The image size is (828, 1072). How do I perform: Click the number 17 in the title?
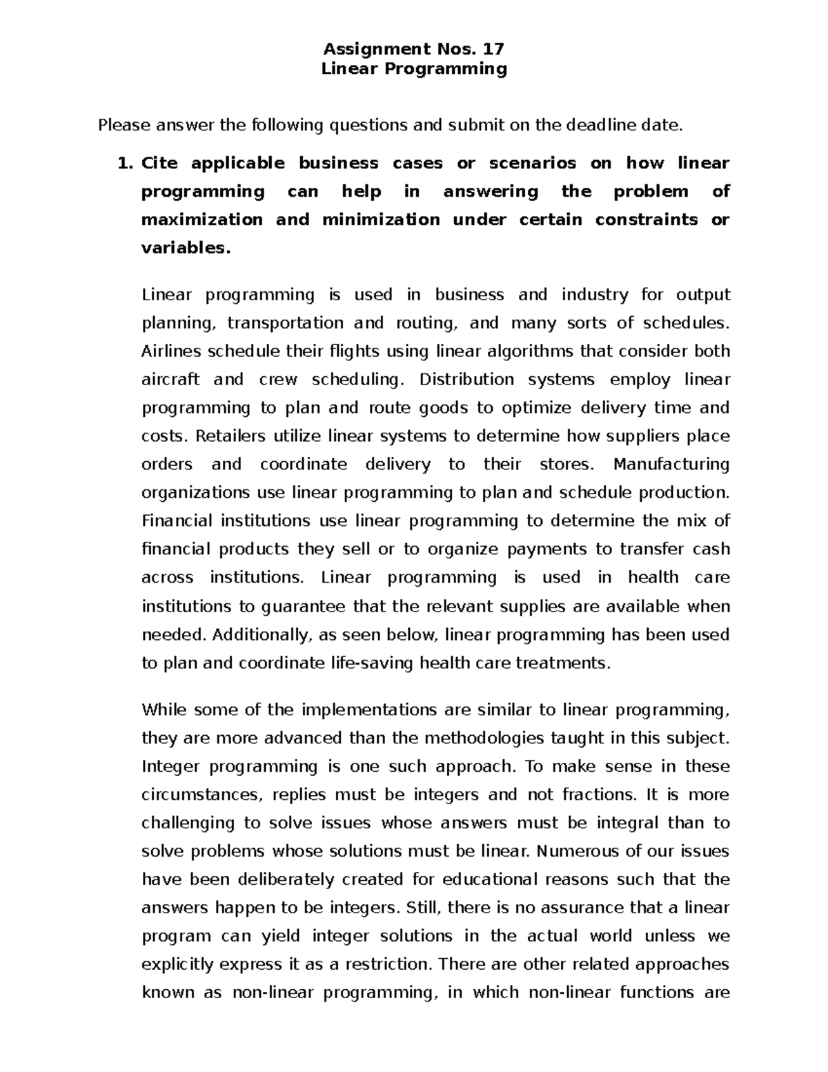(494, 49)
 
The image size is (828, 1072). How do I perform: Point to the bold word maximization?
(201, 220)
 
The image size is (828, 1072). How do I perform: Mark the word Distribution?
(466, 380)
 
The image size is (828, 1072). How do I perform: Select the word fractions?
(600, 795)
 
